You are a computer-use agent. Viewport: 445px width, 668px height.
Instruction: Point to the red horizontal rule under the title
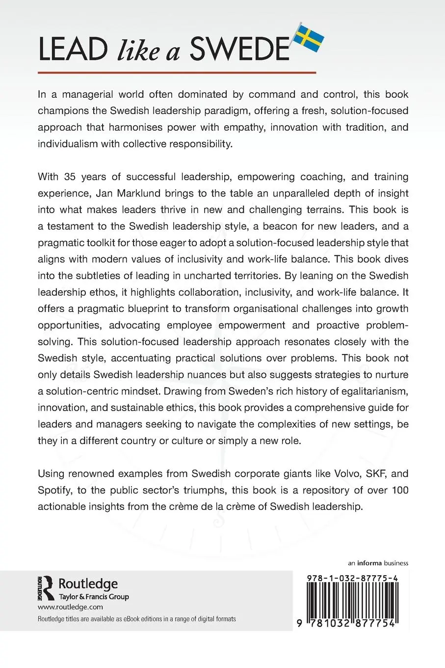pos(177,73)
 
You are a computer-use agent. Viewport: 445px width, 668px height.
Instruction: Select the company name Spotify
pos(55,490)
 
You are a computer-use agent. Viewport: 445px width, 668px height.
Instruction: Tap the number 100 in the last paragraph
pos(399,490)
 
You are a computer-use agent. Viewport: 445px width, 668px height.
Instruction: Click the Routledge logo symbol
pos(46,587)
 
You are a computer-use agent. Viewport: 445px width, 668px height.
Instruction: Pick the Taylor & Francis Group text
pos(94,597)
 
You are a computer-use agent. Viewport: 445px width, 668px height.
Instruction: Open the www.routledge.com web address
pos(70,607)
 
